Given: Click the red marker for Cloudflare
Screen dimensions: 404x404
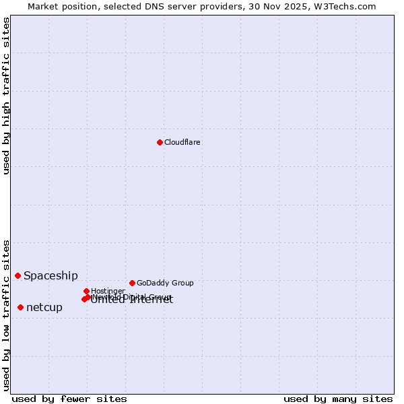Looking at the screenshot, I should (x=160, y=142).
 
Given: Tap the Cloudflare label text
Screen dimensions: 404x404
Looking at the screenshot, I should (x=182, y=142).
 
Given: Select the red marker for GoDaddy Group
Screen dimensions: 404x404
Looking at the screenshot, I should (x=132, y=283).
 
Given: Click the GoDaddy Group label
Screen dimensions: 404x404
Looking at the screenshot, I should (x=165, y=283).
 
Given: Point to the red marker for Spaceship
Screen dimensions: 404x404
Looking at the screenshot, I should (x=18, y=275).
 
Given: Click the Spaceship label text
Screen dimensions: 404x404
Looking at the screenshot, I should (x=50, y=275).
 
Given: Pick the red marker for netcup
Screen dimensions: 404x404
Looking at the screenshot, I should (x=20, y=307).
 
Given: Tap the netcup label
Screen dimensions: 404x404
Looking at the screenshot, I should (x=44, y=307).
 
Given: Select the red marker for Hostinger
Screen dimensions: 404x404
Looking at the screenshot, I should (x=86, y=291).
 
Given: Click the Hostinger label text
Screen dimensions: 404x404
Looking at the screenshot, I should (x=108, y=291).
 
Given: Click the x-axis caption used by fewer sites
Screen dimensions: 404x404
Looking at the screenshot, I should (x=69, y=399).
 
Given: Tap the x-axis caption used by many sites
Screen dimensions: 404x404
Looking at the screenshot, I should (x=338, y=399).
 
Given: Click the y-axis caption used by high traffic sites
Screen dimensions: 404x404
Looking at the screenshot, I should (x=6, y=96).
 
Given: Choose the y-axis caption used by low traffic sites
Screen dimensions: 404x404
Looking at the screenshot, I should (x=6, y=314).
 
